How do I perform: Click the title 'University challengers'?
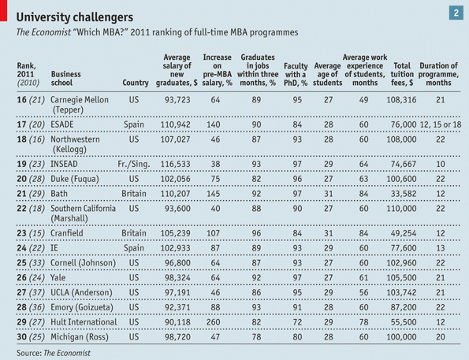75,17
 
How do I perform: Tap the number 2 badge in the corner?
456,13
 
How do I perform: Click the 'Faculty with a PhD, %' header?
296,74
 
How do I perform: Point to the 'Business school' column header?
65,78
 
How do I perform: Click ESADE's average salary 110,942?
175,124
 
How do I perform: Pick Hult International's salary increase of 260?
214,322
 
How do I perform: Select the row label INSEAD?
64,164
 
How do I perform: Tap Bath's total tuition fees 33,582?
404,194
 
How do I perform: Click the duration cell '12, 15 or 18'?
441,124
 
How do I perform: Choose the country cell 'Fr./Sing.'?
134,164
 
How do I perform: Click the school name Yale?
58,277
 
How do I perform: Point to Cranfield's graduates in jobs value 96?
256,233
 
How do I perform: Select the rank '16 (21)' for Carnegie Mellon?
31,100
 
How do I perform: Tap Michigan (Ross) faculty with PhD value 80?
297,337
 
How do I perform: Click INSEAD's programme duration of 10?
441,164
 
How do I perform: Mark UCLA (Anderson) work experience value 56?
363,292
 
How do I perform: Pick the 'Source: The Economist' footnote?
54,353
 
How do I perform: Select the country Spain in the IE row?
134,248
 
